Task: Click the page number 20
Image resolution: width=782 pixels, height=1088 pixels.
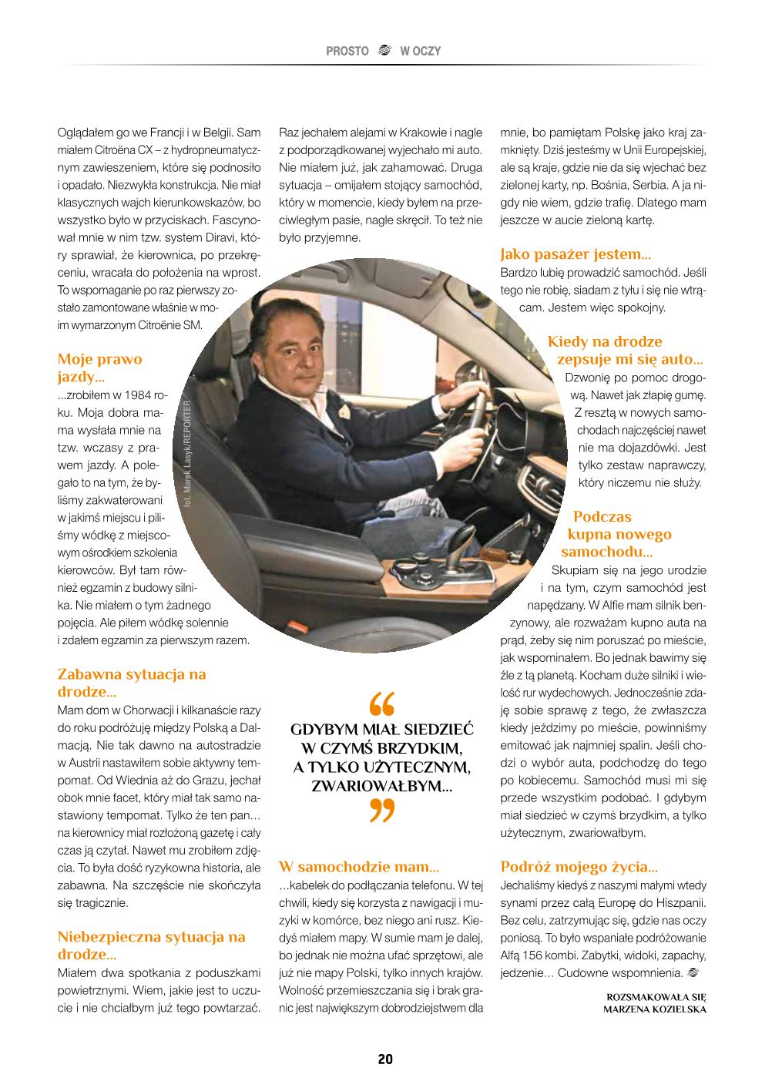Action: click(x=385, y=1059)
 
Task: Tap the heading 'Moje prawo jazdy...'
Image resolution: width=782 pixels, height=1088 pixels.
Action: click(x=99, y=368)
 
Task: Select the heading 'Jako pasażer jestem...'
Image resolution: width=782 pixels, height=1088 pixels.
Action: click(x=575, y=254)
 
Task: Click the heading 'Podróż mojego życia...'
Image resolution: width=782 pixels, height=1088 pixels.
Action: click(x=579, y=867)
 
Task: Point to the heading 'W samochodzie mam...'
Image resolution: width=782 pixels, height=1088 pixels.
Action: click(x=358, y=867)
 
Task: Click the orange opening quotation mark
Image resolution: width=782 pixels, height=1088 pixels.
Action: click(x=382, y=703)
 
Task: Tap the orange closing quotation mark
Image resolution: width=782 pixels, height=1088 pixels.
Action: click(x=382, y=811)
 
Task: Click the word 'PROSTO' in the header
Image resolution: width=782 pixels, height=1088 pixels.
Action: click(x=347, y=51)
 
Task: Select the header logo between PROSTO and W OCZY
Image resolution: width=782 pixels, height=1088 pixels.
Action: click(x=384, y=51)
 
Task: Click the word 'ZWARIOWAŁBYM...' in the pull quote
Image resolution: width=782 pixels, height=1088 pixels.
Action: click(x=381, y=786)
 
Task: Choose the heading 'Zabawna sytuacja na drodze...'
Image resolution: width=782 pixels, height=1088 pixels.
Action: click(x=132, y=683)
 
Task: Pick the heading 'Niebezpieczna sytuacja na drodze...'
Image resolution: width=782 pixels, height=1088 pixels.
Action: click(x=151, y=945)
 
